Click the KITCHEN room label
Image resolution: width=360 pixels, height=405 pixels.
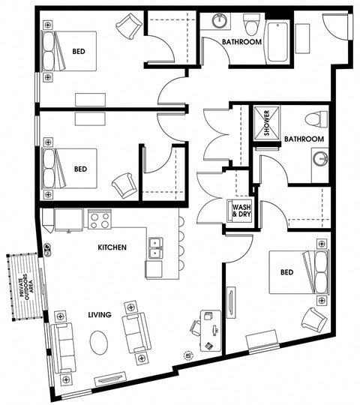(x=112, y=247)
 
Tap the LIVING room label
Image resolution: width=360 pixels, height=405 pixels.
(x=100, y=314)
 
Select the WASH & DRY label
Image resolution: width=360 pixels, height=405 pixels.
(x=241, y=211)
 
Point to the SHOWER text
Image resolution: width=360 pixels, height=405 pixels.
(x=266, y=123)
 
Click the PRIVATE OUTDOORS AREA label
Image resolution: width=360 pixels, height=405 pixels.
(x=27, y=287)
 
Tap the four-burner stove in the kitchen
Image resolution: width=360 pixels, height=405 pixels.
(x=100, y=219)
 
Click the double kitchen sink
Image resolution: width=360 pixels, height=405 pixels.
(x=155, y=248)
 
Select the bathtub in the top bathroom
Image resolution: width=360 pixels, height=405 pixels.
(x=277, y=42)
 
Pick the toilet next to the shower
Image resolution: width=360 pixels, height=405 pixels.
(x=316, y=119)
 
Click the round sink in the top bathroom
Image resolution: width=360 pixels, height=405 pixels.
(x=220, y=20)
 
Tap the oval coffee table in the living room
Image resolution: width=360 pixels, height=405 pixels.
(x=99, y=343)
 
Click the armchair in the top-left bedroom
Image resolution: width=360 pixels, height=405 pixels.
(x=129, y=26)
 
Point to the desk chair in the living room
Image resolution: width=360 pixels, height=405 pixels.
(x=195, y=328)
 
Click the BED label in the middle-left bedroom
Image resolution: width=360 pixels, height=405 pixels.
(x=80, y=169)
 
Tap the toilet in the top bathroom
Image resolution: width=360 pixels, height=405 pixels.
(x=252, y=24)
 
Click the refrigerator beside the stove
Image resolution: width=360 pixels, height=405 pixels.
(x=68, y=220)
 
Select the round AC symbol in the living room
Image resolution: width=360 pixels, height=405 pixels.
(x=188, y=355)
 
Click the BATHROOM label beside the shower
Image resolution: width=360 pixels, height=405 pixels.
(x=304, y=139)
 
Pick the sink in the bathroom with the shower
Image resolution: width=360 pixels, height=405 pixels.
(x=320, y=158)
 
